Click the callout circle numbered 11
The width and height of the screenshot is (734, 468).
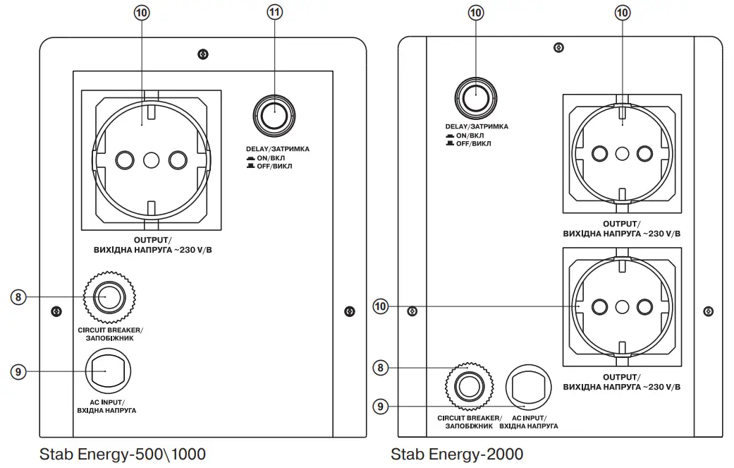click(x=274, y=12)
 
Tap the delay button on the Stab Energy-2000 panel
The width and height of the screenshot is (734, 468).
click(x=475, y=95)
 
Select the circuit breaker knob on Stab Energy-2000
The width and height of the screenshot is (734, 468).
click(x=466, y=385)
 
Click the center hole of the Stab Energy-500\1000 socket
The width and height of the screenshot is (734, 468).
click(x=151, y=160)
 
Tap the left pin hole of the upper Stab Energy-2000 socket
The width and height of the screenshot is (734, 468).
click(x=600, y=153)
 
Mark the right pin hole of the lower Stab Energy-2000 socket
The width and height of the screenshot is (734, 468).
click(x=644, y=306)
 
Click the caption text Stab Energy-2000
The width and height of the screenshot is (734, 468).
click(x=457, y=453)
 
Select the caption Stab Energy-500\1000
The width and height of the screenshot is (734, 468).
click(x=123, y=453)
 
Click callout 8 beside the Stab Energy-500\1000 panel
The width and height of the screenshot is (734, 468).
click(x=20, y=296)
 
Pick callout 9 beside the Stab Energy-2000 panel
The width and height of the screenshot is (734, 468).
click(x=381, y=406)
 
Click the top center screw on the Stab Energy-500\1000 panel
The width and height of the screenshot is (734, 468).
click(x=202, y=54)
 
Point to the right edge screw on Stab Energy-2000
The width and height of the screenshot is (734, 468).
click(x=708, y=310)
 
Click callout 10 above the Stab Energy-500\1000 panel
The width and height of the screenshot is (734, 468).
click(x=144, y=12)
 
